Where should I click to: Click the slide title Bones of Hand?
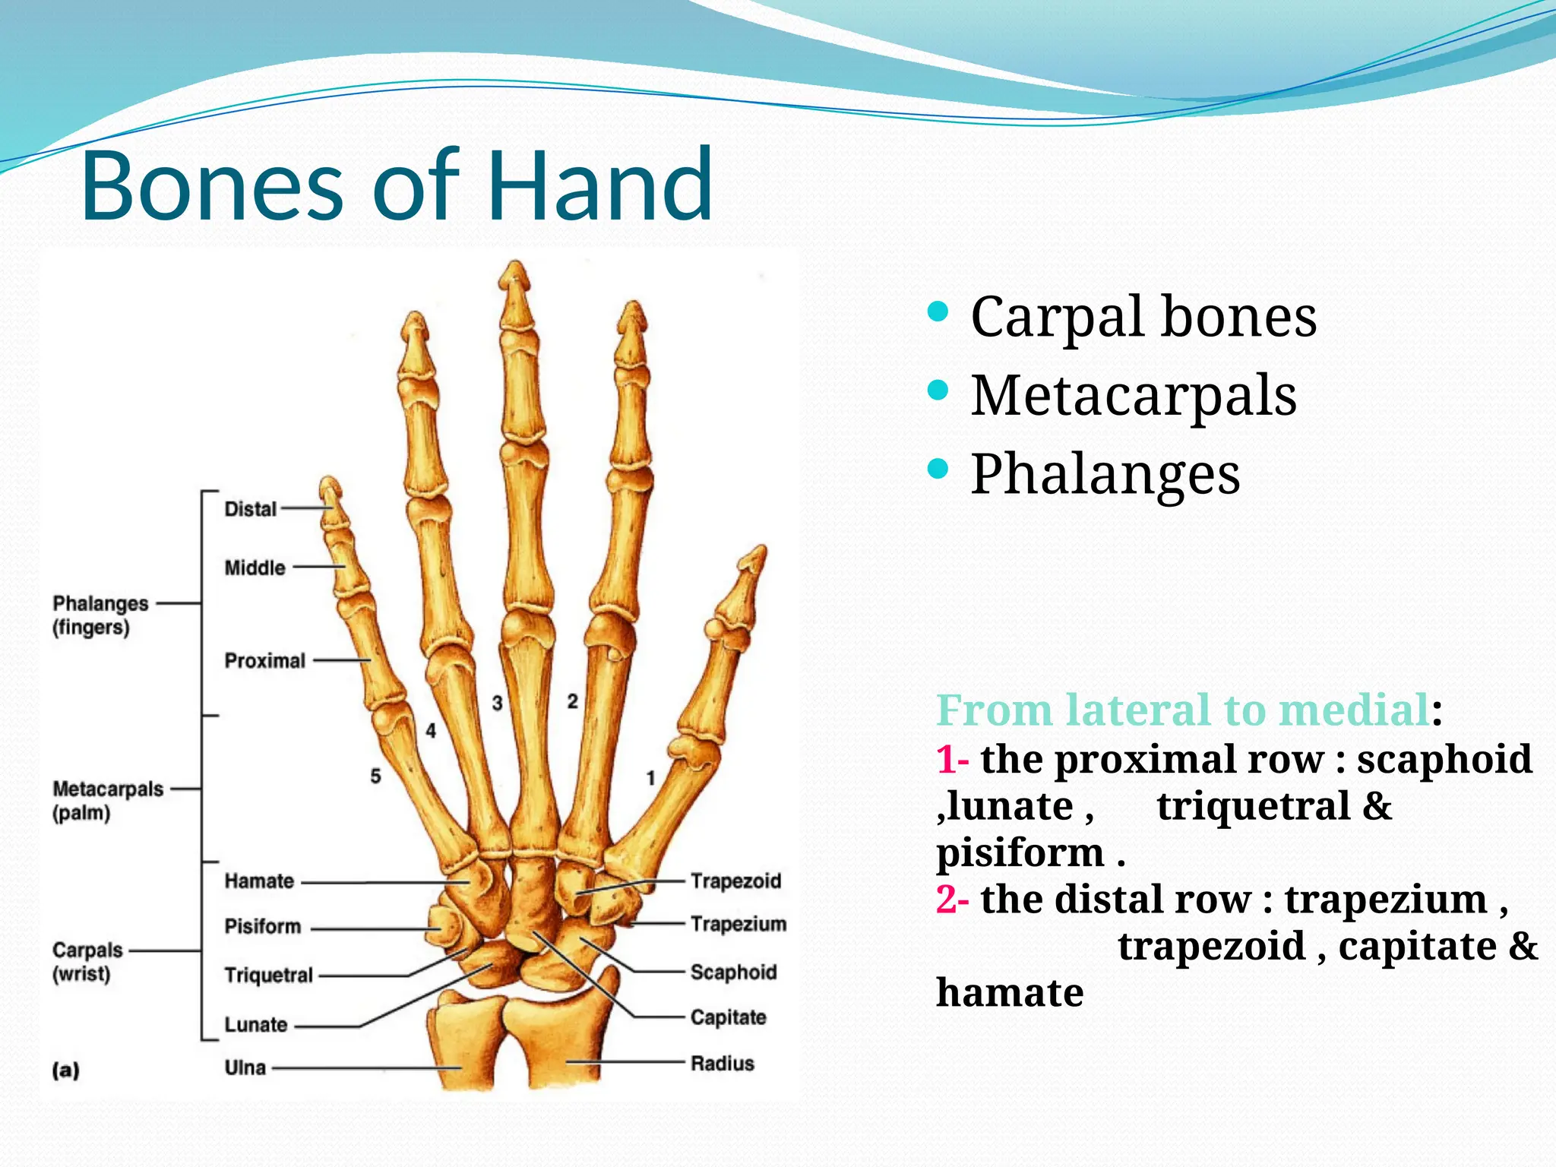point(397,185)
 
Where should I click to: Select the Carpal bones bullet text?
point(1143,317)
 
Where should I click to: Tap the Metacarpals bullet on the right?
point(1133,396)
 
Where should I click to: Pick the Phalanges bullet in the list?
point(1105,474)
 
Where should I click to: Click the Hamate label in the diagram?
point(259,881)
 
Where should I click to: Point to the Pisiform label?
point(262,927)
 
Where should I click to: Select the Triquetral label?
point(268,976)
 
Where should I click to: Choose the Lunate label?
point(255,1025)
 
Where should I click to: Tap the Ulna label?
point(245,1068)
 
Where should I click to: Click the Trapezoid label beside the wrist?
point(735,881)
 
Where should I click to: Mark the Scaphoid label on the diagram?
point(733,972)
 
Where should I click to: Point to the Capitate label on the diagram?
point(728,1017)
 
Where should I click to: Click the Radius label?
point(722,1064)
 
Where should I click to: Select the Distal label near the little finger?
point(250,509)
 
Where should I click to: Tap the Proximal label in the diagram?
point(264,661)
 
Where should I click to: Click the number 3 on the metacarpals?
point(497,703)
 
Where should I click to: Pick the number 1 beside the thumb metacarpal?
point(650,778)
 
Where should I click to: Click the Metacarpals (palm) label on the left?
point(107,801)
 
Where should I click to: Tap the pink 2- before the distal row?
point(952,900)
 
